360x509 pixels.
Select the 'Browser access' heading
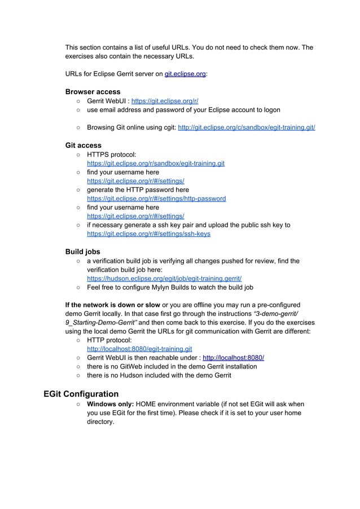pos(93,91)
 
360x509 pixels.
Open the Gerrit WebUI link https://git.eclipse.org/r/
pos(165,100)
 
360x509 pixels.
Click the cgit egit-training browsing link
pos(246,128)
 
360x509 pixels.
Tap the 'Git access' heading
pos(84,145)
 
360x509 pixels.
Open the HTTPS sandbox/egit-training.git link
pos(155,164)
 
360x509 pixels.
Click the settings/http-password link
pos(156,199)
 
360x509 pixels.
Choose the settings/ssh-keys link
pos(148,234)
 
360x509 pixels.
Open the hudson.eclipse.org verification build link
pos(164,278)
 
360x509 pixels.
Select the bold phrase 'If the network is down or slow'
pos(113,305)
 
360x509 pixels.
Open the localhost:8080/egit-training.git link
pos(139,349)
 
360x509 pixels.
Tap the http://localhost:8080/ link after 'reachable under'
pos(233,358)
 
